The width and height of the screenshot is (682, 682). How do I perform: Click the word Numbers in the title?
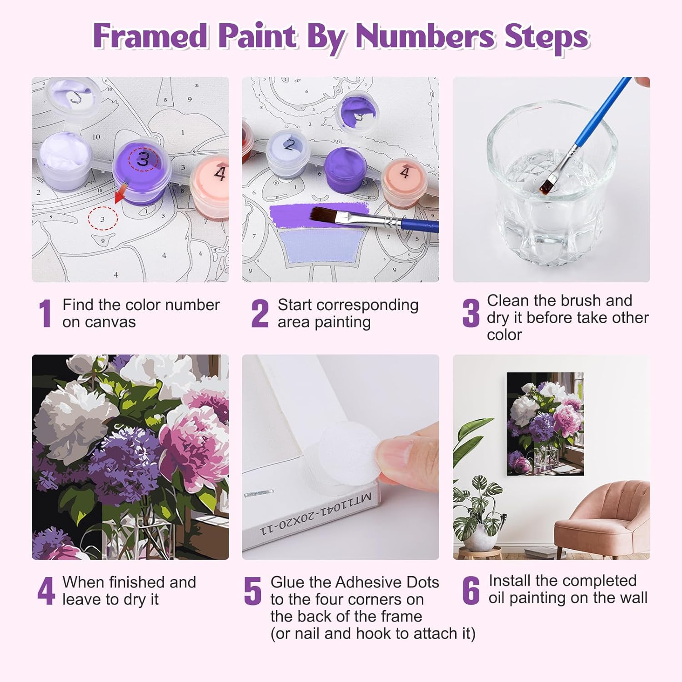(425, 36)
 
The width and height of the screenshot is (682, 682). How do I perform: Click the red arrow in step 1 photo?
(120, 192)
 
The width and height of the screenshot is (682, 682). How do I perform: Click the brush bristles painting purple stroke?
(327, 214)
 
